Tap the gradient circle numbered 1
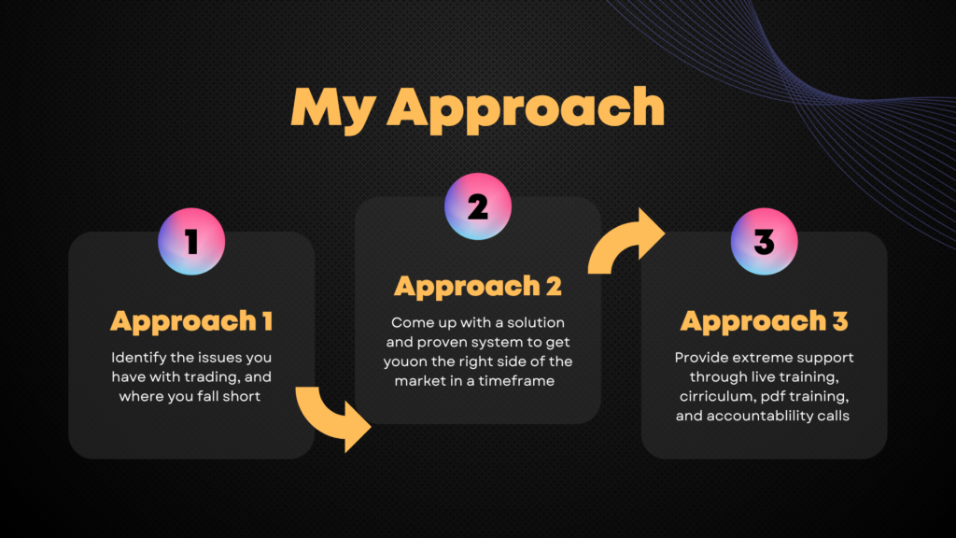click(x=191, y=242)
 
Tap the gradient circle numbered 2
click(x=478, y=206)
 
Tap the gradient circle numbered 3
click(x=764, y=242)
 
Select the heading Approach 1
click(x=191, y=321)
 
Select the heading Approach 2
click(x=478, y=287)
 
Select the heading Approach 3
click(x=764, y=321)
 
